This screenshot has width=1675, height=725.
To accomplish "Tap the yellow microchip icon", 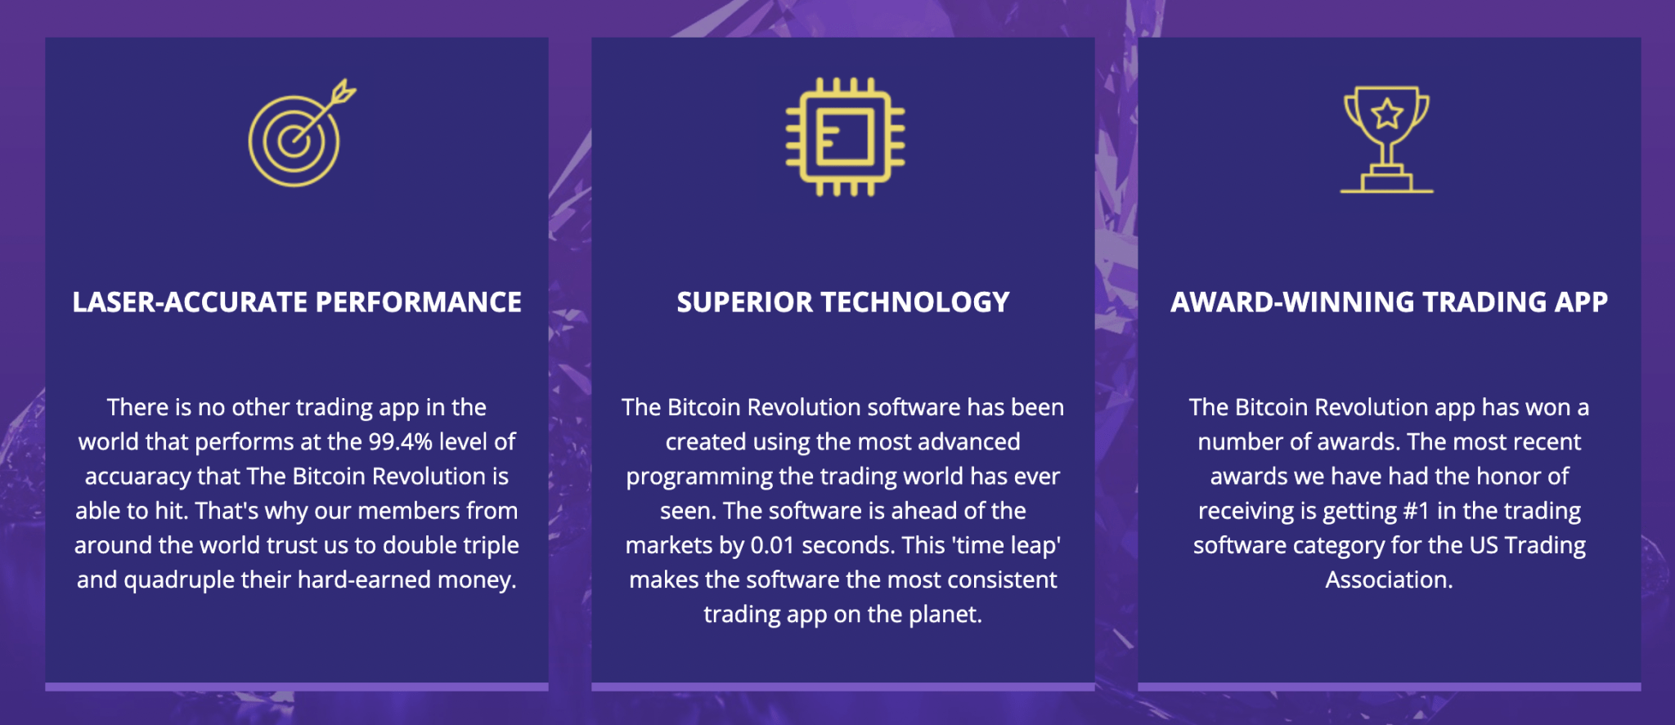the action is pyautogui.click(x=845, y=136).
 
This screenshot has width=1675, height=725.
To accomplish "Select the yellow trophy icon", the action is pyautogui.click(x=1387, y=140).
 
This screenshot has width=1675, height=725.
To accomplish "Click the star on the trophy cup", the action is pyautogui.click(x=1387, y=114).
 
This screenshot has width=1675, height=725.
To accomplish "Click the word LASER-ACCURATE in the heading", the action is pyautogui.click(x=190, y=302).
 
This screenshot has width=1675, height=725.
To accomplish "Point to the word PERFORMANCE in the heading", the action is pyautogui.click(x=419, y=302).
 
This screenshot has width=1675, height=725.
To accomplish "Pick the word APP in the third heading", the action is pyautogui.click(x=1581, y=302).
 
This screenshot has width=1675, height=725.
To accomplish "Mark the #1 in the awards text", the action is pyautogui.click(x=1417, y=511).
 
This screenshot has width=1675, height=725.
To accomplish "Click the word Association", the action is pyautogui.click(x=1389, y=580).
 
